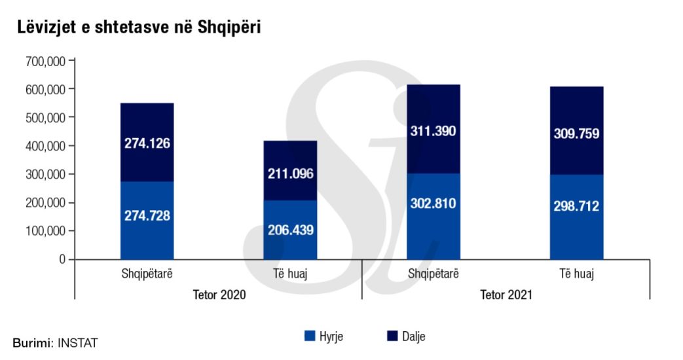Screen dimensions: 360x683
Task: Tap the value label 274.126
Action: coord(147,143)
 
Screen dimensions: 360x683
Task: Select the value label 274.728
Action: coord(147,215)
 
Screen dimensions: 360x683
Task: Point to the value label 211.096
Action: coord(290,174)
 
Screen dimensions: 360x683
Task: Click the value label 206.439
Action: coord(290,230)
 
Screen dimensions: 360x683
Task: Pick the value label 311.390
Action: coord(433,131)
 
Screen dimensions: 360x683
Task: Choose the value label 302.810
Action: coord(433,203)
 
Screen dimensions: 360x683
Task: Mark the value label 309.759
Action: coord(576,134)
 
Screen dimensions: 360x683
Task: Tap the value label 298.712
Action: coord(576,206)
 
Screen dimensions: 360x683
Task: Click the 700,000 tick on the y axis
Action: coord(45,61)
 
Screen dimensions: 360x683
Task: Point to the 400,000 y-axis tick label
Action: coord(45,146)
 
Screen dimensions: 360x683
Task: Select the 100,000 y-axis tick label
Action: coord(45,231)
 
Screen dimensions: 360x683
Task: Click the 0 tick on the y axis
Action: coord(62,260)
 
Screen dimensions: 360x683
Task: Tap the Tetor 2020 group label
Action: coord(219,295)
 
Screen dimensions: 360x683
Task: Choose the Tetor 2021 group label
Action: coord(506,295)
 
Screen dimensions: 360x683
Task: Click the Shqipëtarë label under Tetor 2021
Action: coord(433,274)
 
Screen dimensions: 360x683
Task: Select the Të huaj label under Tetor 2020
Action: coord(290,274)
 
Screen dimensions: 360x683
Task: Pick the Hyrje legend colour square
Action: coord(310,336)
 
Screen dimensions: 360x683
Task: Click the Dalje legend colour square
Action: coord(393,336)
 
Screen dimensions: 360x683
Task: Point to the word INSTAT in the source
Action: coord(77,342)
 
